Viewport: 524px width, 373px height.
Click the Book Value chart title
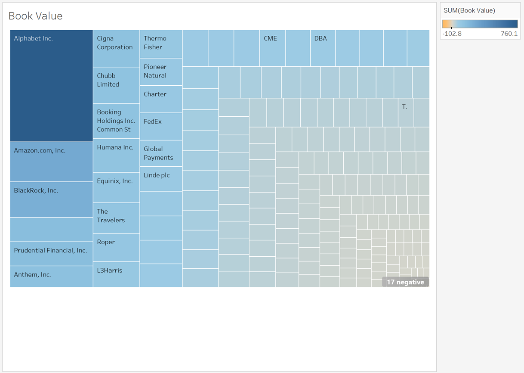tap(35, 16)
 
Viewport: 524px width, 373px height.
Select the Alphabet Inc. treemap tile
tap(51, 86)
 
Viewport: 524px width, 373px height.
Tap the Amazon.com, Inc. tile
tap(51, 162)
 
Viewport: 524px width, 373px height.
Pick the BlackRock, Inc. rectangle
tap(51, 199)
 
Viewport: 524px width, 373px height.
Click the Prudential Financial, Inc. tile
tap(51, 254)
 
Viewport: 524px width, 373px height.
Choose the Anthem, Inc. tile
tap(51, 277)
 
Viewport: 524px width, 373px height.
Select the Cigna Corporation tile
tap(116, 48)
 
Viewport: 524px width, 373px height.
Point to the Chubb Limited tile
tap(116, 85)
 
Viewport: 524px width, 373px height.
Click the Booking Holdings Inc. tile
tap(116, 121)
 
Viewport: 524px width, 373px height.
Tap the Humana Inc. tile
tap(116, 155)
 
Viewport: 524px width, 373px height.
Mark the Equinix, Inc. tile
tap(116, 187)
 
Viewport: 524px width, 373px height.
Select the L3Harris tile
tap(116, 274)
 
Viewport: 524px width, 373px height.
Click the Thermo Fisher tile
tap(161, 44)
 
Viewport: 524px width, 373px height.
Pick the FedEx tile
tap(161, 126)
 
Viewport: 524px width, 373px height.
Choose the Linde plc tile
tap(161, 179)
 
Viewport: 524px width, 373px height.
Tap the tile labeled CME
tap(272, 48)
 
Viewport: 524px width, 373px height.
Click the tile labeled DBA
tap(323, 48)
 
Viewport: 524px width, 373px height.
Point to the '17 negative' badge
tap(405, 282)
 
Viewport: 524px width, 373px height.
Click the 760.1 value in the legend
tap(509, 34)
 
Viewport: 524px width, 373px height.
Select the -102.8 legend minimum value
tap(452, 34)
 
